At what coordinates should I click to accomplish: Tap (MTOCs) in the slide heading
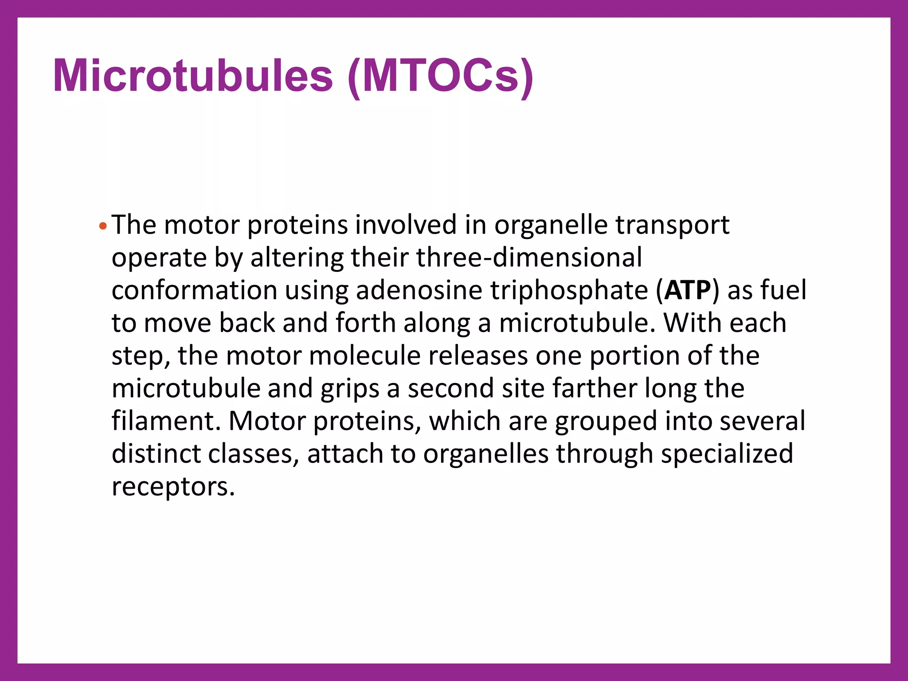[x=441, y=76]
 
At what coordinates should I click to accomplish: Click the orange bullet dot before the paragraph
[x=103, y=227]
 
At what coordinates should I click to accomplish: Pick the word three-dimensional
[x=529, y=258]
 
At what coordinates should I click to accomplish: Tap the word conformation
[x=194, y=290]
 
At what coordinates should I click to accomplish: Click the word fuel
[x=783, y=290]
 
